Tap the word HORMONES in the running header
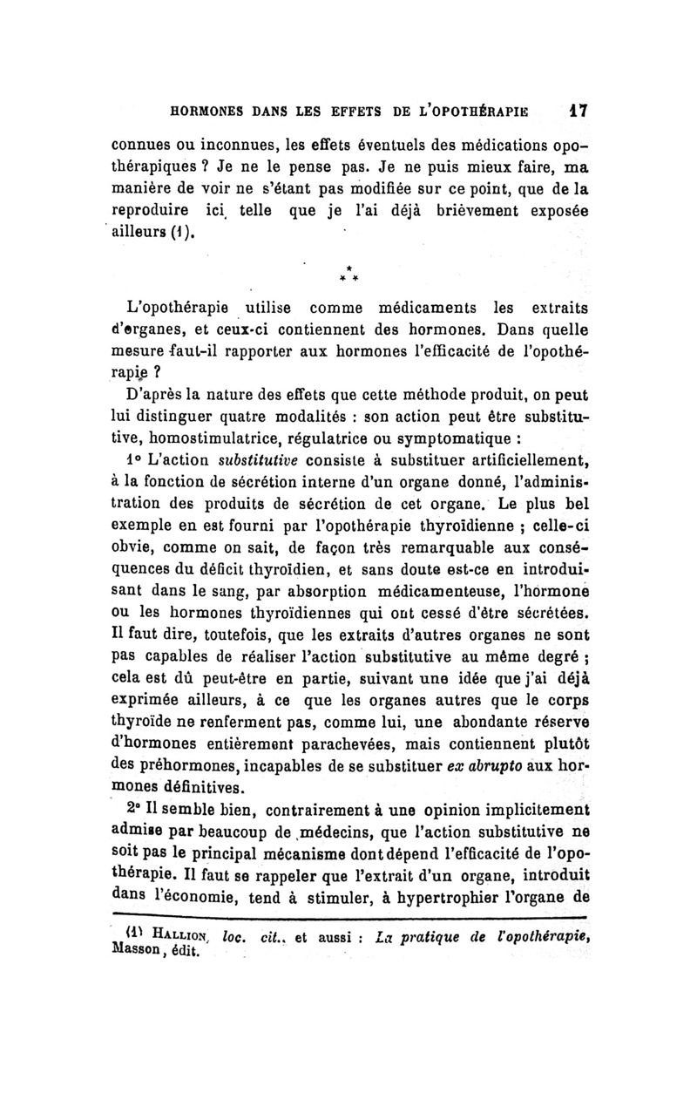click(205, 112)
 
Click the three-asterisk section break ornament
click(347, 272)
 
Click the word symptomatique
click(486, 435)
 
